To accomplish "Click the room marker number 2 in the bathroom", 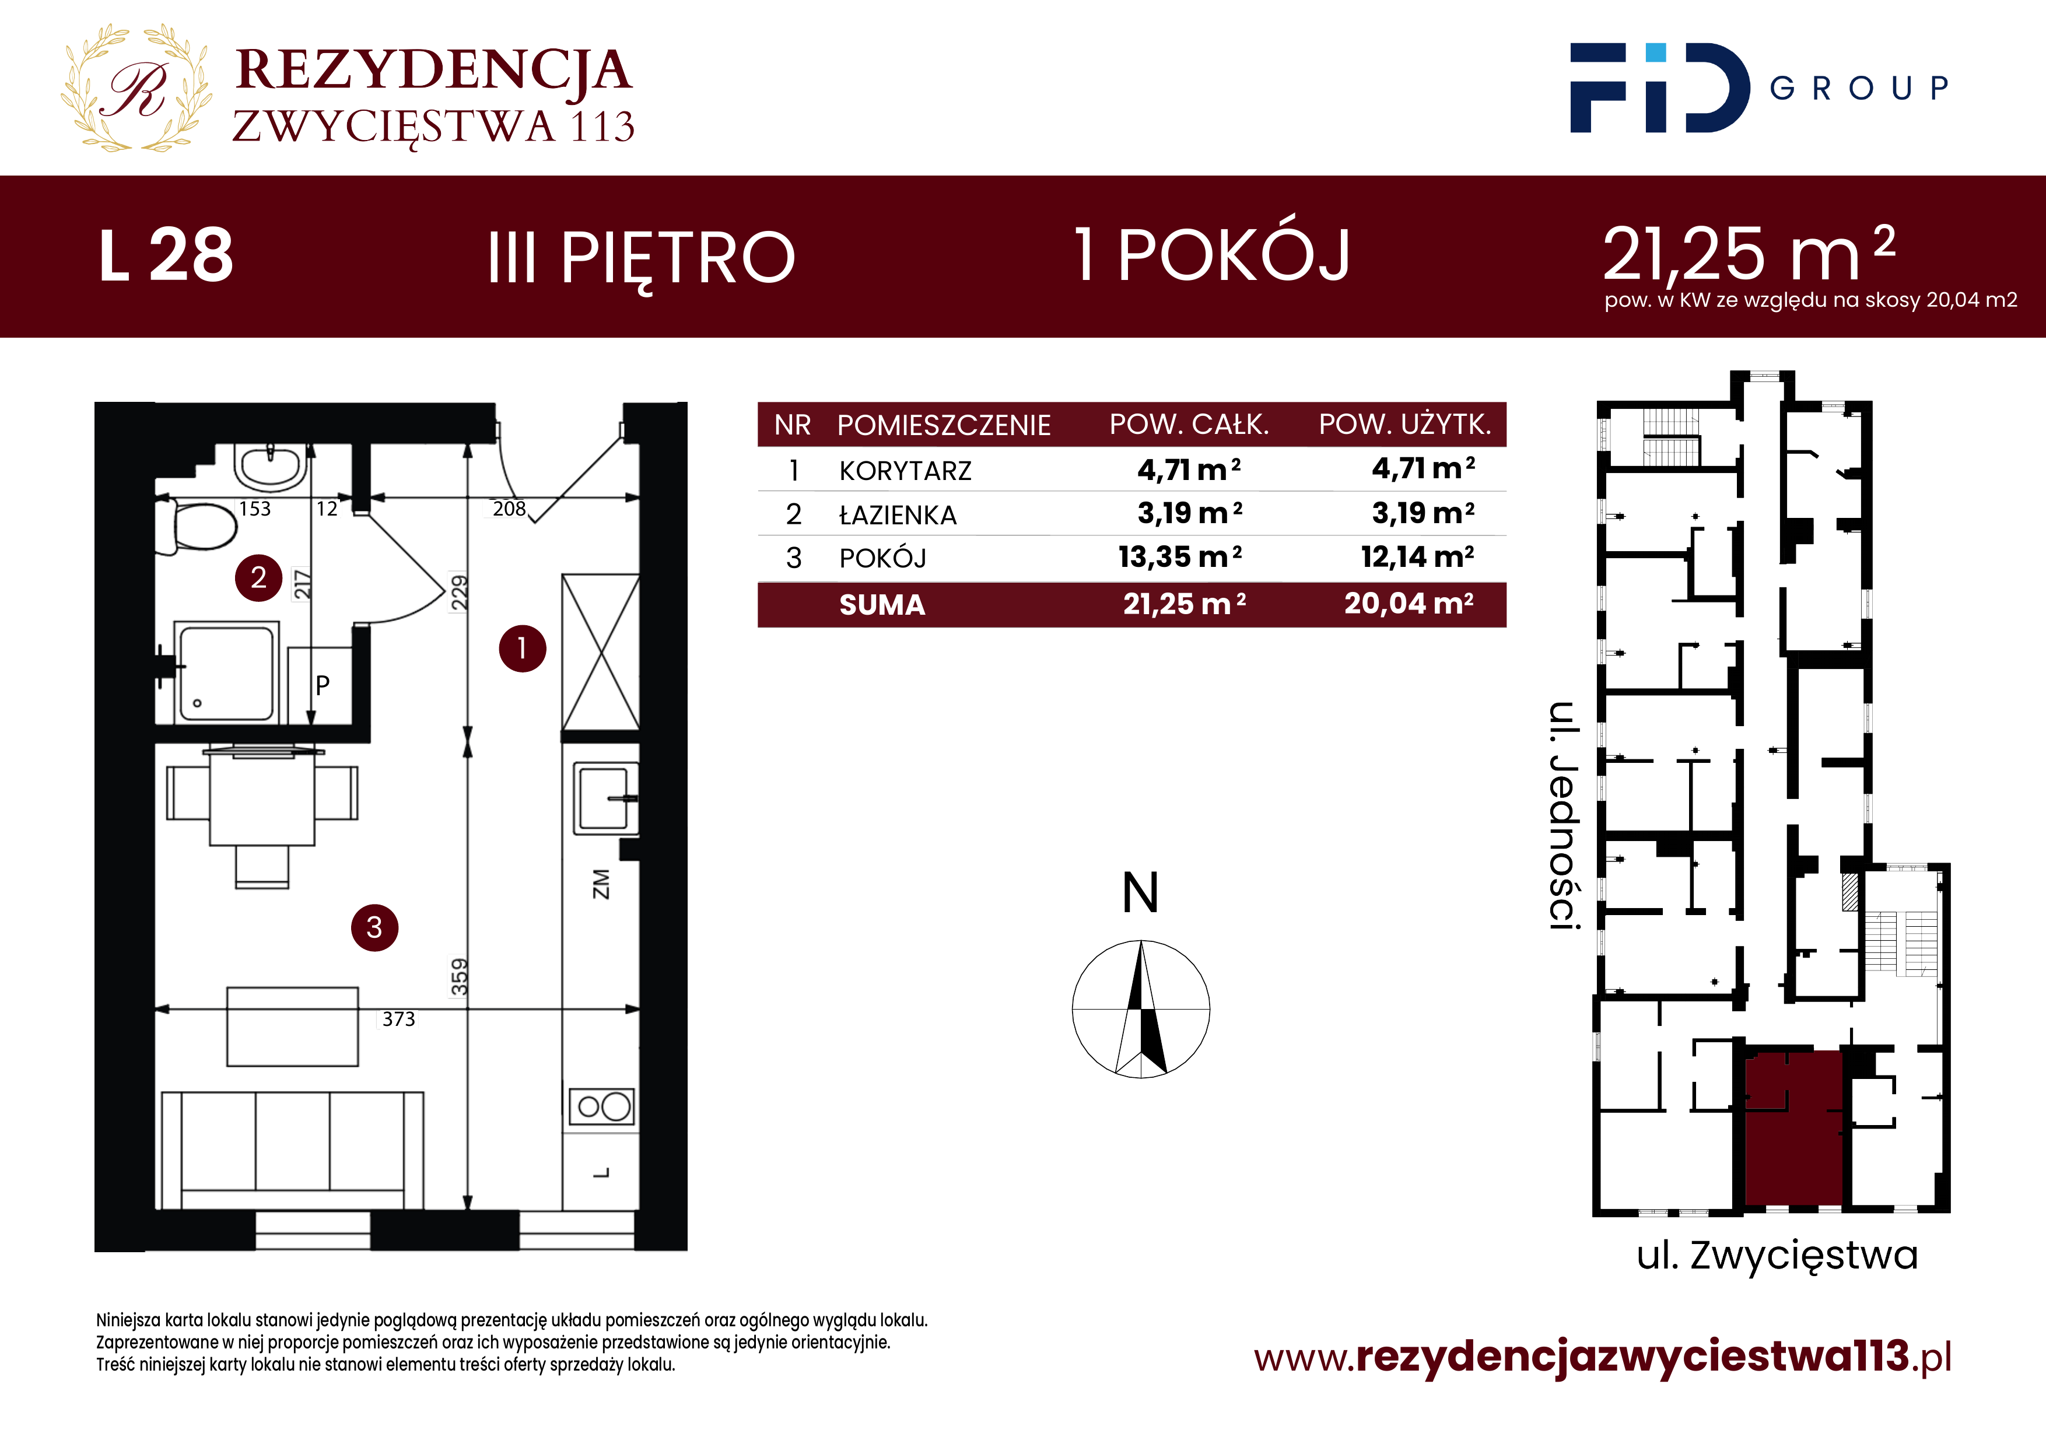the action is click(258, 577).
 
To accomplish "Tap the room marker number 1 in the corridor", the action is click(522, 648).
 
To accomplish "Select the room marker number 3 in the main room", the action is click(374, 927).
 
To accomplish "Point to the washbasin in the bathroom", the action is click(268, 468).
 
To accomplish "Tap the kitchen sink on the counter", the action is click(605, 797).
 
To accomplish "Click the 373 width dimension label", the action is click(398, 1018).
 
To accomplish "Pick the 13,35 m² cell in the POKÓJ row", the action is click(1180, 557).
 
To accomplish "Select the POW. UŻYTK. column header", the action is click(1405, 424).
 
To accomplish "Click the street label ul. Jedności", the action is click(1564, 815).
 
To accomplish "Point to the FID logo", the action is click(1659, 87).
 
